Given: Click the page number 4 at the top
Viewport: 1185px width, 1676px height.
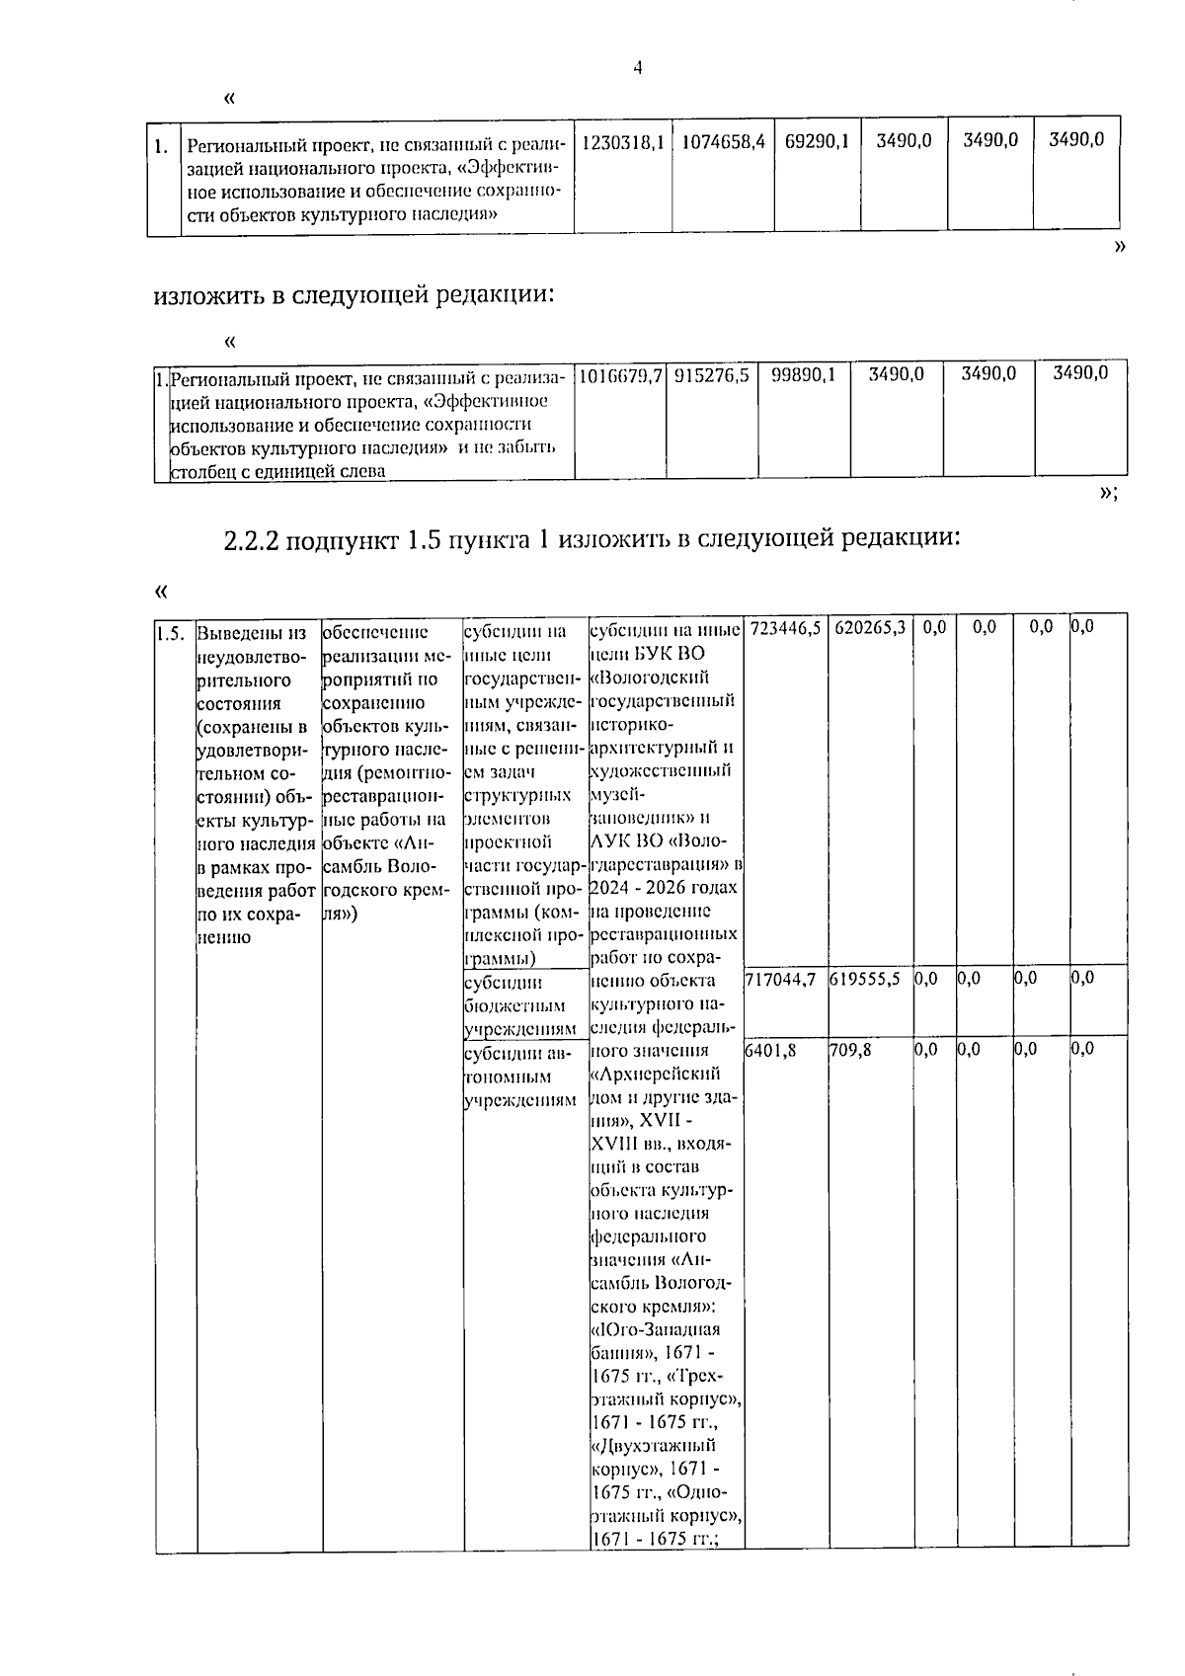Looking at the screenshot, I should coord(638,68).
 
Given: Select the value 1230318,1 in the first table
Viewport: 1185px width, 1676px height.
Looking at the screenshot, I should coord(622,140).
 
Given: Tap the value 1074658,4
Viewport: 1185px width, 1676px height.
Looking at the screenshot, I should coord(723,140).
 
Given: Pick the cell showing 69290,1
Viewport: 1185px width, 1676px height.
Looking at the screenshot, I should coord(817,140).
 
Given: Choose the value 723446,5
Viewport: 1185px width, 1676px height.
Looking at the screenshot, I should coord(786,628).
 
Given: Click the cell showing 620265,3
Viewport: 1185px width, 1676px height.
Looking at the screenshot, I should coord(870,628).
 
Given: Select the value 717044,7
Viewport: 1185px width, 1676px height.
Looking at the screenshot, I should coord(780,979).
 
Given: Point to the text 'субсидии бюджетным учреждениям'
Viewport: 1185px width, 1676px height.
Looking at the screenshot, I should coord(515,1005).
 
